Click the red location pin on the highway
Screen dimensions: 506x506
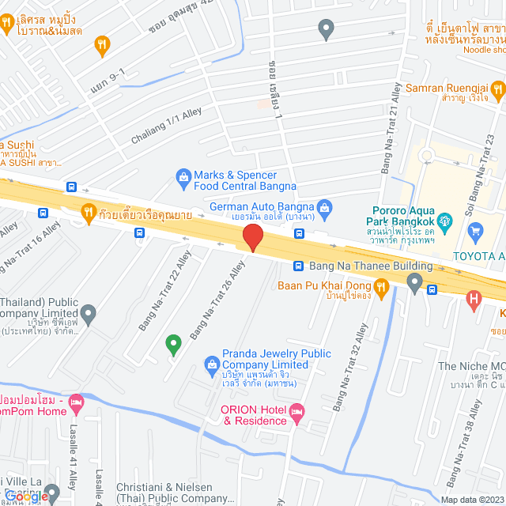(x=252, y=237)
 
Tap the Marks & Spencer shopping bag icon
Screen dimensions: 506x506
(x=183, y=175)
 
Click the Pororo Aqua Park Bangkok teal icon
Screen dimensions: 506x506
(x=444, y=218)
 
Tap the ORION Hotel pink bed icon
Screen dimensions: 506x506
(x=296, y=411)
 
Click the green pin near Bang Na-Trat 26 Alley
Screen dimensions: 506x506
(x=173, y=344)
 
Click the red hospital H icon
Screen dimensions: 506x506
(x=474, y=299)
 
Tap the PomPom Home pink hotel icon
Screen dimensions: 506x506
(x=76, y=403)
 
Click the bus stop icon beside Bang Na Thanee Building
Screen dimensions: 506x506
(x=299, y=266)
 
